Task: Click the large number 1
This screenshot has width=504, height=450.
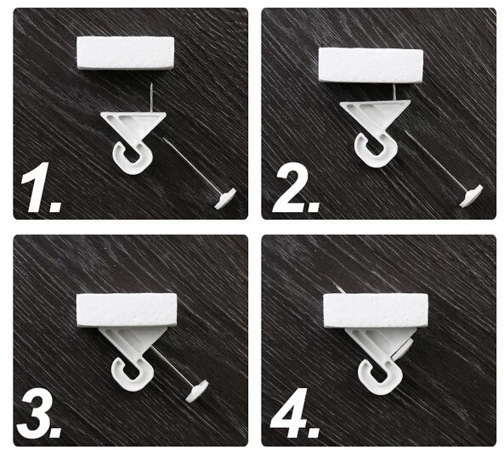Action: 38,188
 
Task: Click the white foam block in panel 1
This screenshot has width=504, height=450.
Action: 125,53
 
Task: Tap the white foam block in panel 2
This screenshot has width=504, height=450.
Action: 371,65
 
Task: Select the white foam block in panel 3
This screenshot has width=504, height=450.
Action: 127,310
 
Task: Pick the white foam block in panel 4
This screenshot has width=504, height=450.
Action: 376,311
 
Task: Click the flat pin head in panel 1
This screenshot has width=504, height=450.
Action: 225,199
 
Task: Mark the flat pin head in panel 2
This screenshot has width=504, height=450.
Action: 471,195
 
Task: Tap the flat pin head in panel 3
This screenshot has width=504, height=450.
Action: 197,391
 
